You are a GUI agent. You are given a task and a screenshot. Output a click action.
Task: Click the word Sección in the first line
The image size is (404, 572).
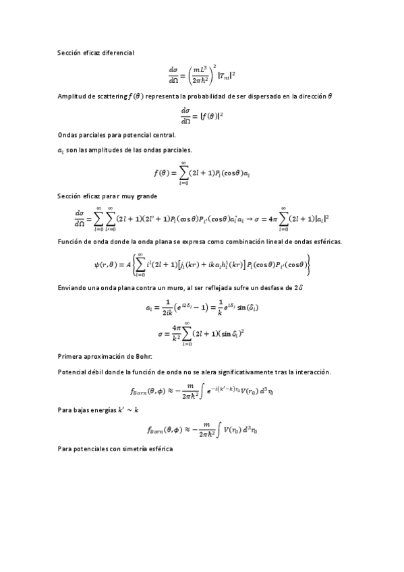(69, 53)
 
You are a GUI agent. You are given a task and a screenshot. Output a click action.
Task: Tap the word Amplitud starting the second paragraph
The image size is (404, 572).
(70, 96)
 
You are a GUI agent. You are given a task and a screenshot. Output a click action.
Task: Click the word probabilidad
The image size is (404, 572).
(203, 96)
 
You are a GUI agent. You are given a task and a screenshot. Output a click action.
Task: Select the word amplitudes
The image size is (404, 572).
(111, 149)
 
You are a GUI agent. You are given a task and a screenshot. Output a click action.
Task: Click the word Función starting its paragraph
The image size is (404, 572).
(69, 241)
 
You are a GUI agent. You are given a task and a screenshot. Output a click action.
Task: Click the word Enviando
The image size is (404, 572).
(71, 289)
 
